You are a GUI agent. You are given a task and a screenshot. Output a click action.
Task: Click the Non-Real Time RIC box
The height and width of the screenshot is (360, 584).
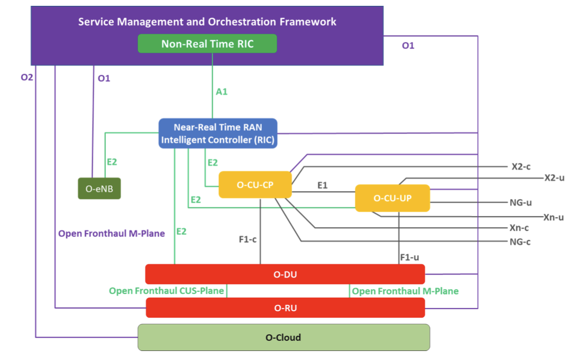(207, 44)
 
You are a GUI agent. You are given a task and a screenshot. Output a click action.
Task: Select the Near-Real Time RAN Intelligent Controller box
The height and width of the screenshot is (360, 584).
(218, 133)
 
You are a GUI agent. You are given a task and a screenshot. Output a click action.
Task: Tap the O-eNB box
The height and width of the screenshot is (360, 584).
(99, 189)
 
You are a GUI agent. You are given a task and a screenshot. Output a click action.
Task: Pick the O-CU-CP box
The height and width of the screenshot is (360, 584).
(255, 185)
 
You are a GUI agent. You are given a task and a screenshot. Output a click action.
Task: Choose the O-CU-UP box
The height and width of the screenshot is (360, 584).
(393, 198)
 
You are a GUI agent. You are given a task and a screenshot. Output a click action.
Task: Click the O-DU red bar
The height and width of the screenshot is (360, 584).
(285, 274)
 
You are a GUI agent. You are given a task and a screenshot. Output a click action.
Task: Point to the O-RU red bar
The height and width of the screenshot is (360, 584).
(285, 308)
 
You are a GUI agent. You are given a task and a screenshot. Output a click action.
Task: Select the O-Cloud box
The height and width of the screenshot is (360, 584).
(284, 337)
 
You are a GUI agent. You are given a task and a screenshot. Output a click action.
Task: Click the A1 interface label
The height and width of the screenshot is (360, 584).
(222, 92)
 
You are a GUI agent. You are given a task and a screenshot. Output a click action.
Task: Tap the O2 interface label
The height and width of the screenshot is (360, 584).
(27, 78)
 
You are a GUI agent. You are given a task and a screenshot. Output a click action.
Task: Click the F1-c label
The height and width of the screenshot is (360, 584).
(248, 239)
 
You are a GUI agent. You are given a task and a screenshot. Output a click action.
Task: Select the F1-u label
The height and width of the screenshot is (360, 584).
(409, 258)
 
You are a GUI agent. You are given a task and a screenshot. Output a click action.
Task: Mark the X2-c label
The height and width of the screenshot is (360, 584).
(521, 166)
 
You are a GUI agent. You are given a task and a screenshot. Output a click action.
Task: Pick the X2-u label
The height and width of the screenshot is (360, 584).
(554, 177)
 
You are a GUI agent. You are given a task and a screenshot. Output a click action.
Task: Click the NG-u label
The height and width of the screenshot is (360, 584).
(521, 202)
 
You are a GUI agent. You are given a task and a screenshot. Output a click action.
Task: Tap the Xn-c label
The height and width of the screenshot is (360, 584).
(519, 228)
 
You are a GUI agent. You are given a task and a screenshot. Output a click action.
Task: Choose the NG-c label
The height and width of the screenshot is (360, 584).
(519, 242)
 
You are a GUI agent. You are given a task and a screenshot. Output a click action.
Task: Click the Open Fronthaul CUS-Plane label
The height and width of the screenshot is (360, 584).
(167, 291)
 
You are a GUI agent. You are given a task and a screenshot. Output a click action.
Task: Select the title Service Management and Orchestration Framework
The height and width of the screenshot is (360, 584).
(207, 22)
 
